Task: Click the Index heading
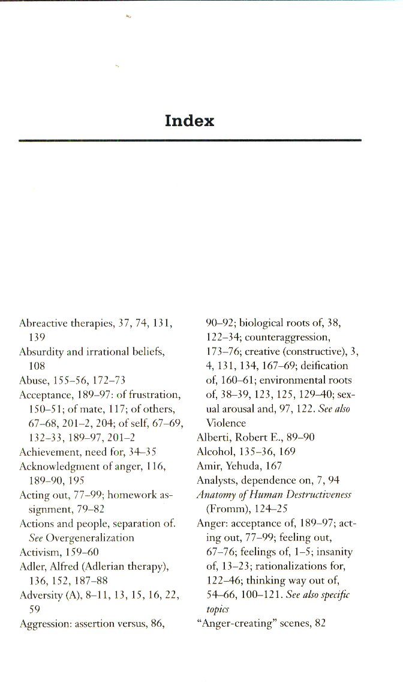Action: [x=190, y=121]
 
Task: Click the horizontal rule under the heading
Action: [x=190, y=140]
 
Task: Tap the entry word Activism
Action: [x=37, y=552]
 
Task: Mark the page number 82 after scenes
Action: [x=320, y=624]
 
